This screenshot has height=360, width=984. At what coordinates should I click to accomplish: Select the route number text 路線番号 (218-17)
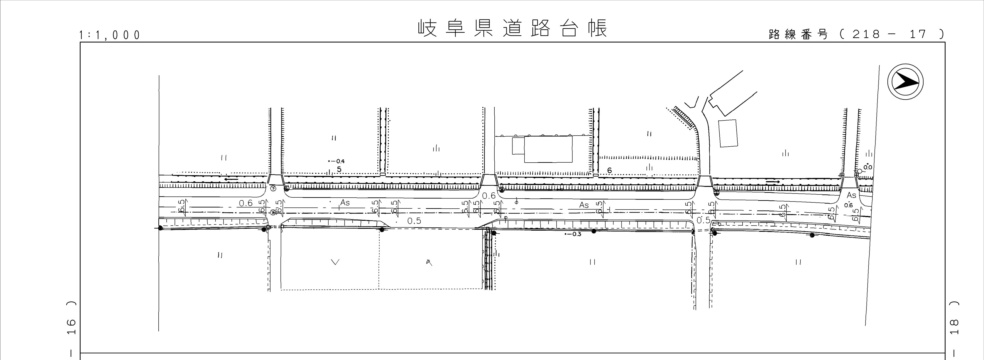point(856,34)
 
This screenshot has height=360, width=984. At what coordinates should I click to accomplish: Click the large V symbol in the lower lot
point(335,262)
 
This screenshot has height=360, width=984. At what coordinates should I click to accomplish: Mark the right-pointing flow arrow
point(773,182)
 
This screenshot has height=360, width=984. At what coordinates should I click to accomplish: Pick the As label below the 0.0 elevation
point(851,195)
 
